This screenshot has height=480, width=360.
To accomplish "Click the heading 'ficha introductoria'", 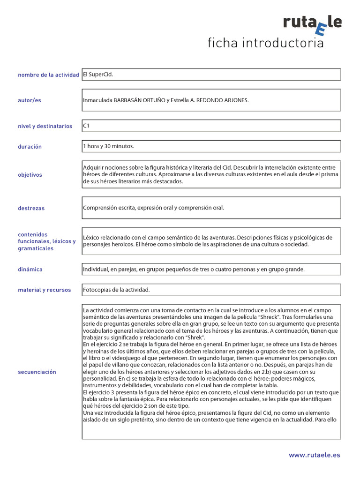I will tap(266, 44).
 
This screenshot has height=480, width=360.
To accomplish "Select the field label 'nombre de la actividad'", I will tap(48, 75).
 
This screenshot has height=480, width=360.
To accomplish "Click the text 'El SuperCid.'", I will tap(98, 74).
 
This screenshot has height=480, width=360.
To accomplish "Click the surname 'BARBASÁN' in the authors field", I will tap(129, 100).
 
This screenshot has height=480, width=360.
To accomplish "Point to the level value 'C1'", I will tap(86, 126).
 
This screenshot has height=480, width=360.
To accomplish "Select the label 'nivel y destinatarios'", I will tap(45, 126).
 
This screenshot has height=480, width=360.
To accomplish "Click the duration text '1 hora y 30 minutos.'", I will tap(108, 146).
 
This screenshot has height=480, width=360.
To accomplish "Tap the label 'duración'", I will tap(30, 147).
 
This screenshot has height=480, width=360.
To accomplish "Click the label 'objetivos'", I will tap(30, 175).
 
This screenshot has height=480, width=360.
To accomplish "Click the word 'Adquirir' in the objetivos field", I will tap(93, 167).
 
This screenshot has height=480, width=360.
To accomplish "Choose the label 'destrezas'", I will tap(31, 208).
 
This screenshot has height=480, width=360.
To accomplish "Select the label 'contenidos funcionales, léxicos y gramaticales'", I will tap(46, 241).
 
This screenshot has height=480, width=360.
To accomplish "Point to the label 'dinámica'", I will tap(30, 270).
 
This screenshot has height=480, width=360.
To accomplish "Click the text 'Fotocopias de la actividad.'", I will tap(116, 290).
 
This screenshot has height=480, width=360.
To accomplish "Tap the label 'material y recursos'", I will tap(45, 290).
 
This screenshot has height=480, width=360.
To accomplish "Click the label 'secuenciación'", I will tap(37, 372).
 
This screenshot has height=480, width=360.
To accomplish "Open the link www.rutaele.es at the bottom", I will tap(314, 455).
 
